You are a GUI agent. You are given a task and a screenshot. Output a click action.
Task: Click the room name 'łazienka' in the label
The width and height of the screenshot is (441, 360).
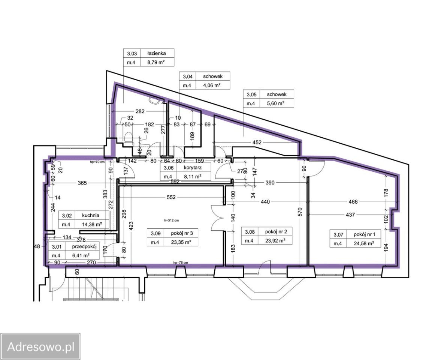(x=157, y=53)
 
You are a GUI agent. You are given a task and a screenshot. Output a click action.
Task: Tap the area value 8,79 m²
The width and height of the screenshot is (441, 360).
(x=156, y=62)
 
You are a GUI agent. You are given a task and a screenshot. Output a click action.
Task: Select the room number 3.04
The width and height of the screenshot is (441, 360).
(x=188, y=76)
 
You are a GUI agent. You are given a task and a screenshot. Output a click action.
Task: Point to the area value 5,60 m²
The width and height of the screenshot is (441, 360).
(x=276, y=103)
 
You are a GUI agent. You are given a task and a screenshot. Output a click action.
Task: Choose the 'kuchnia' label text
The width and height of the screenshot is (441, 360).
(x=91, y=215)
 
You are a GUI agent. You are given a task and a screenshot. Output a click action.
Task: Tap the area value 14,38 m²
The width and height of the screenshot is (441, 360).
(x=91, y=224)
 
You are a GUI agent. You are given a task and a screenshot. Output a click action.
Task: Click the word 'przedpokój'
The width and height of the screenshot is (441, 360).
(x=84, y=247)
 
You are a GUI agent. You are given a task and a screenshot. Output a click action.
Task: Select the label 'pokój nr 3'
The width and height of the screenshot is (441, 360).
(x=182, y=233)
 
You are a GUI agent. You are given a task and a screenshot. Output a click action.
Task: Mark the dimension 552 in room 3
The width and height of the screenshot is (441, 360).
(x=171, y=197)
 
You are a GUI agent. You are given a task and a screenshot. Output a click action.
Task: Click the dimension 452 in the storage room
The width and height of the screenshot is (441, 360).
(x=257, y=142)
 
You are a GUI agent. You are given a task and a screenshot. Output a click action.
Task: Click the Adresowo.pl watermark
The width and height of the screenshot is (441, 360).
(x=40, y=346)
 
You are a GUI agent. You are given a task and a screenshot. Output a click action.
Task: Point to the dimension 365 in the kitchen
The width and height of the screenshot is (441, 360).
(x=82, y=183)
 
